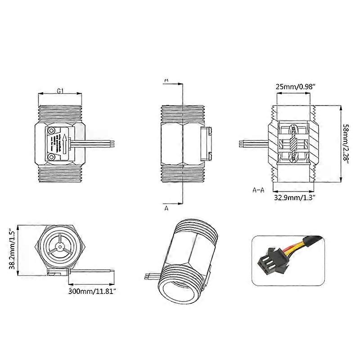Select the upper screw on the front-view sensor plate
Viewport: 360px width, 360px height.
[53, 130]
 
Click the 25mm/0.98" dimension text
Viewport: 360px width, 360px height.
[295, 87]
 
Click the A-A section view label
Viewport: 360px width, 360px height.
[258, 190]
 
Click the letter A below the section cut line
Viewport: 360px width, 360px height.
[166, 208]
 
